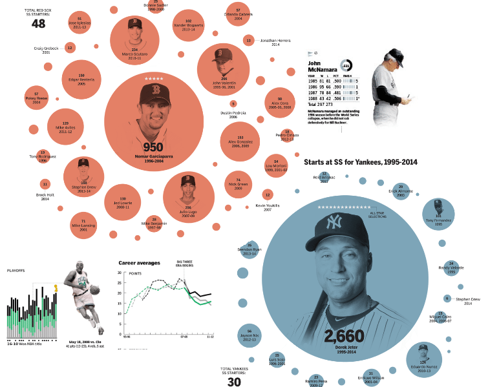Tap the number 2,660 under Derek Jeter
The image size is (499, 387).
(345, 337)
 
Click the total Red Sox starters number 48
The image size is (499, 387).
(38, 24)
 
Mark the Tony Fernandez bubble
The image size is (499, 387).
(438, 214)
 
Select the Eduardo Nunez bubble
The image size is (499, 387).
(423, 359)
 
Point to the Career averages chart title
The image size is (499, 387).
(139, 263)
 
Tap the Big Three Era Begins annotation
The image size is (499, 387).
(185, 265)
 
